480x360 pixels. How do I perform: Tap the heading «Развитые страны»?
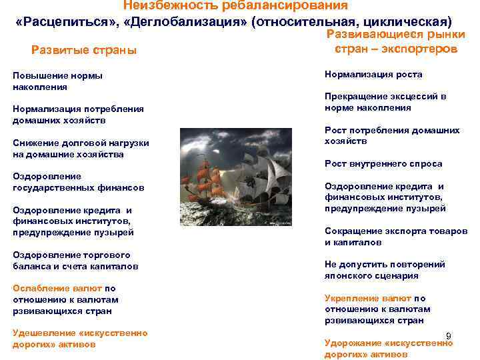[x=84, y=51]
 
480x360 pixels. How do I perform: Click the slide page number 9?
[x=449, y=335]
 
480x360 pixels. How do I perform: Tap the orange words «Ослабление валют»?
[x=57, y=289]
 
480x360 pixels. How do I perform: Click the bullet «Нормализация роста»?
[x=373, y=75]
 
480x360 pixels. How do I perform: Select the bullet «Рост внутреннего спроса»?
[x=383, y=163]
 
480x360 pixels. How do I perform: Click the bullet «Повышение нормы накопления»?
[x=57, y=81]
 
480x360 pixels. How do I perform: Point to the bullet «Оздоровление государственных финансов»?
[x=78, y=182]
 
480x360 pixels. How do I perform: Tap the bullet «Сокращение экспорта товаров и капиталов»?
[x=395, y=237]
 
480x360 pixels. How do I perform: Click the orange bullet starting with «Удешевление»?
[x=80, y=338]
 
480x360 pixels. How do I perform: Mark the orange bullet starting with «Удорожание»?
[x=388, y=348]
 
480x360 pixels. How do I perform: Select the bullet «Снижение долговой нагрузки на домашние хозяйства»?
[x=81, y=149]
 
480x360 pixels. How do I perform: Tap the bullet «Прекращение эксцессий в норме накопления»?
[x=385, y=101]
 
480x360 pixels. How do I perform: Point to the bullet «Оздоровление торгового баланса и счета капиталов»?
[x=75, y=260]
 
